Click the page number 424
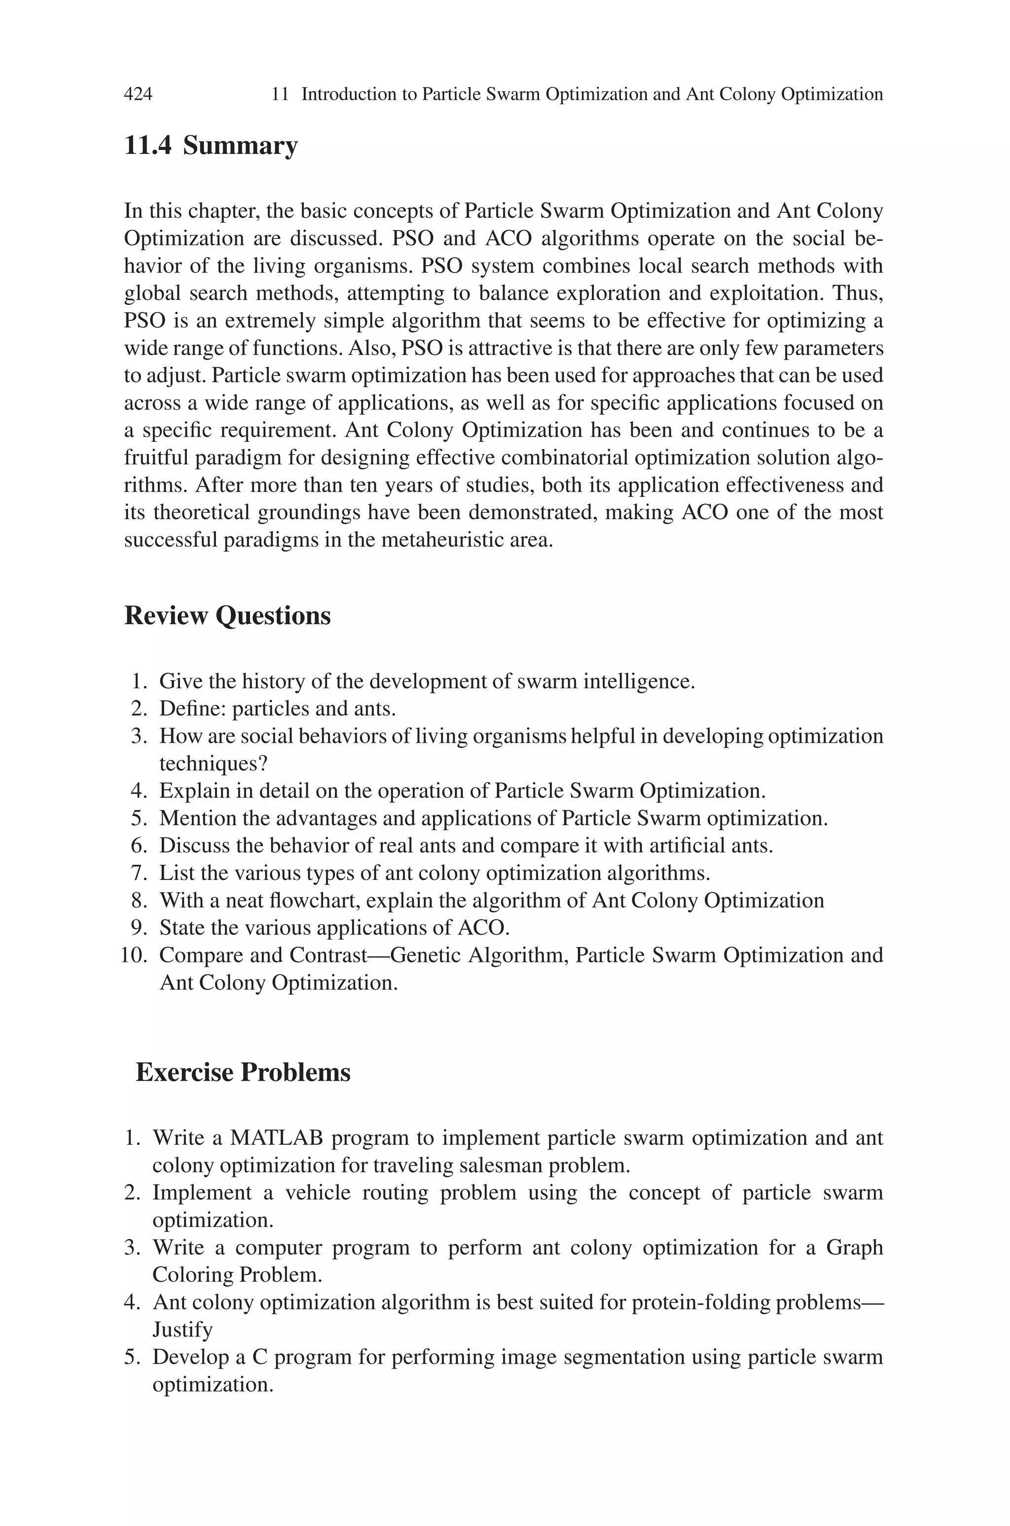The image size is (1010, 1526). [x=138, y=95]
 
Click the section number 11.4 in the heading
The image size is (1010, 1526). [x=147, y=146]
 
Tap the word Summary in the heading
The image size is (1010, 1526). [x=240, y=146]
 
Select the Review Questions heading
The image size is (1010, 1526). [x=227, y=615]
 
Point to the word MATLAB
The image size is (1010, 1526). [x=276, y=1138]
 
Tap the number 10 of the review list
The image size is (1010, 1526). [x=133, y=955]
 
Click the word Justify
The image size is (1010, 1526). [x=182, y=1330]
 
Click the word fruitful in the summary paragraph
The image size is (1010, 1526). [x=155, y=458]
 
